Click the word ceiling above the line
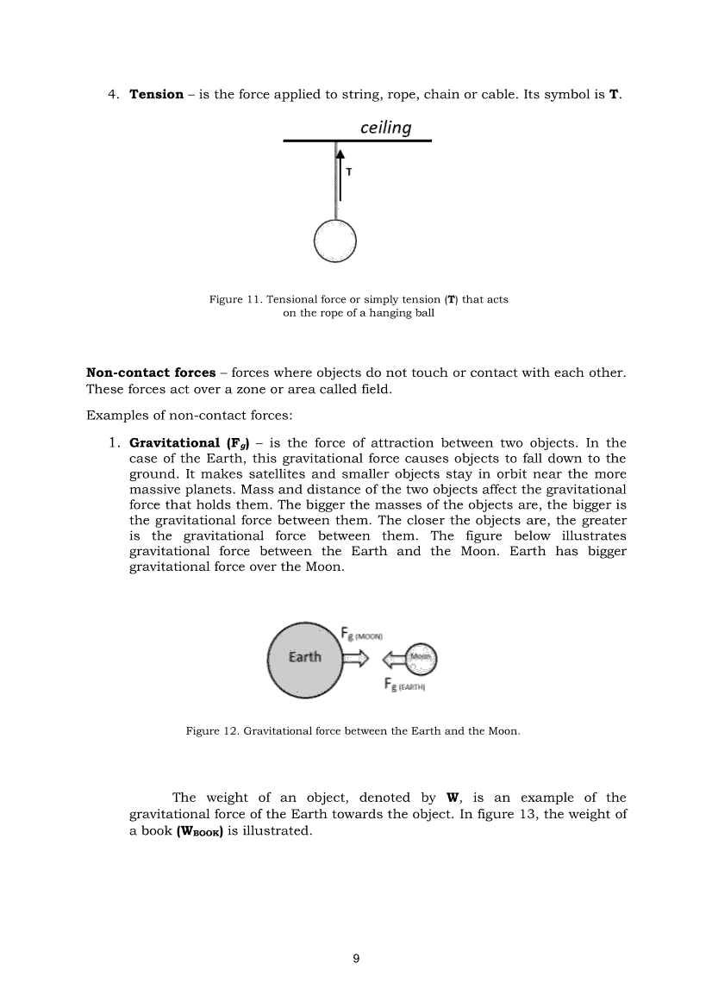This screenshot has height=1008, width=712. click(385, 128)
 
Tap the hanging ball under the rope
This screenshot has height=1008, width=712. click(334, 241)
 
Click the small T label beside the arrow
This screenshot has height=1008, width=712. click(348, 172)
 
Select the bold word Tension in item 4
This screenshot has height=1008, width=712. click(156, 94)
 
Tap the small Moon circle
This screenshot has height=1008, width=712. click(422, 660)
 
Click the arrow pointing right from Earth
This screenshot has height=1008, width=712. click(357, 660)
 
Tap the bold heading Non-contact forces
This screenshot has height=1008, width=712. click(151, 373)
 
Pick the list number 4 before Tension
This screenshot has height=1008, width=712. click(112, 94)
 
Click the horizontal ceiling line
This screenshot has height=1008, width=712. click(357, 141)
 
